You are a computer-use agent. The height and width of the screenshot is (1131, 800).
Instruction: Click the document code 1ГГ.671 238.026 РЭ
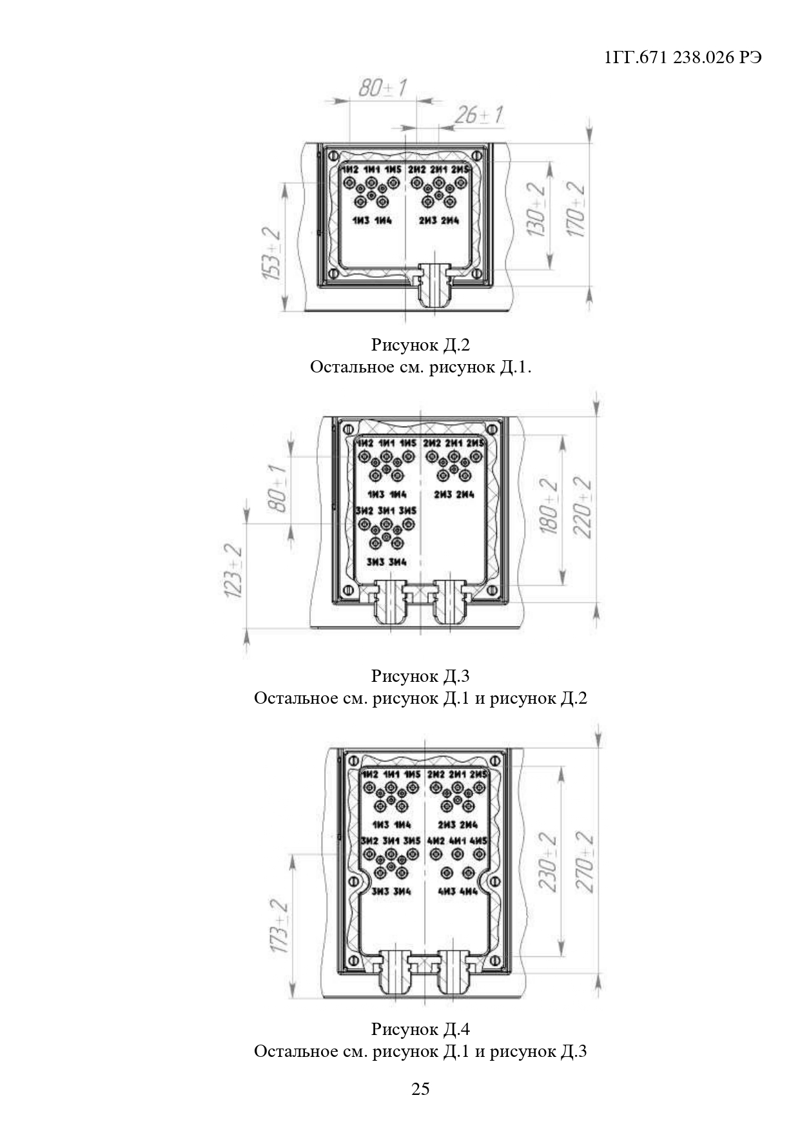[x=683, y=57]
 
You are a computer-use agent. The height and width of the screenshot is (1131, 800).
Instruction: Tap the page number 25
[x=420, y=1088]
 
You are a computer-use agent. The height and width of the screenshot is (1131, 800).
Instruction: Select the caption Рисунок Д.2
[x=420, y=345]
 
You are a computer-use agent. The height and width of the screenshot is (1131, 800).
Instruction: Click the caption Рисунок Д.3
[x=420, y=675]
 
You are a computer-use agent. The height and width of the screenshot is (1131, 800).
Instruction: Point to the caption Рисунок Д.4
[x=420, y=1029]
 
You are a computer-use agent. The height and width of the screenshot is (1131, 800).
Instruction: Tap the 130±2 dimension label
[x=536, y=209]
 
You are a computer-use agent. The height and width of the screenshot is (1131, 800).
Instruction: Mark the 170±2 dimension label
[x=576, y=209]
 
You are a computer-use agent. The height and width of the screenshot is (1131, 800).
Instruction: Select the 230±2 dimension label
[x=548, y=862]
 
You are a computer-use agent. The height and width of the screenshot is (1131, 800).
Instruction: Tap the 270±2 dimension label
[x=585, y=862]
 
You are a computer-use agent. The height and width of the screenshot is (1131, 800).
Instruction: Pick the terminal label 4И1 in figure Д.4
[x=457, y=841]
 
